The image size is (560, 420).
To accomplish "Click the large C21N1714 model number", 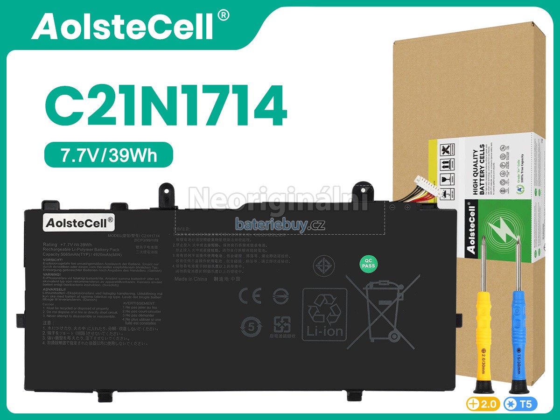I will [x=165, y=106].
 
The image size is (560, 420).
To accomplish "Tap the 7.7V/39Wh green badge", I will [x=109, y=155].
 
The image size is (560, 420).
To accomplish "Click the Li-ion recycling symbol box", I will [x=325, y=313].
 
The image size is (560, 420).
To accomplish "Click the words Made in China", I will [x=190, y=279].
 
